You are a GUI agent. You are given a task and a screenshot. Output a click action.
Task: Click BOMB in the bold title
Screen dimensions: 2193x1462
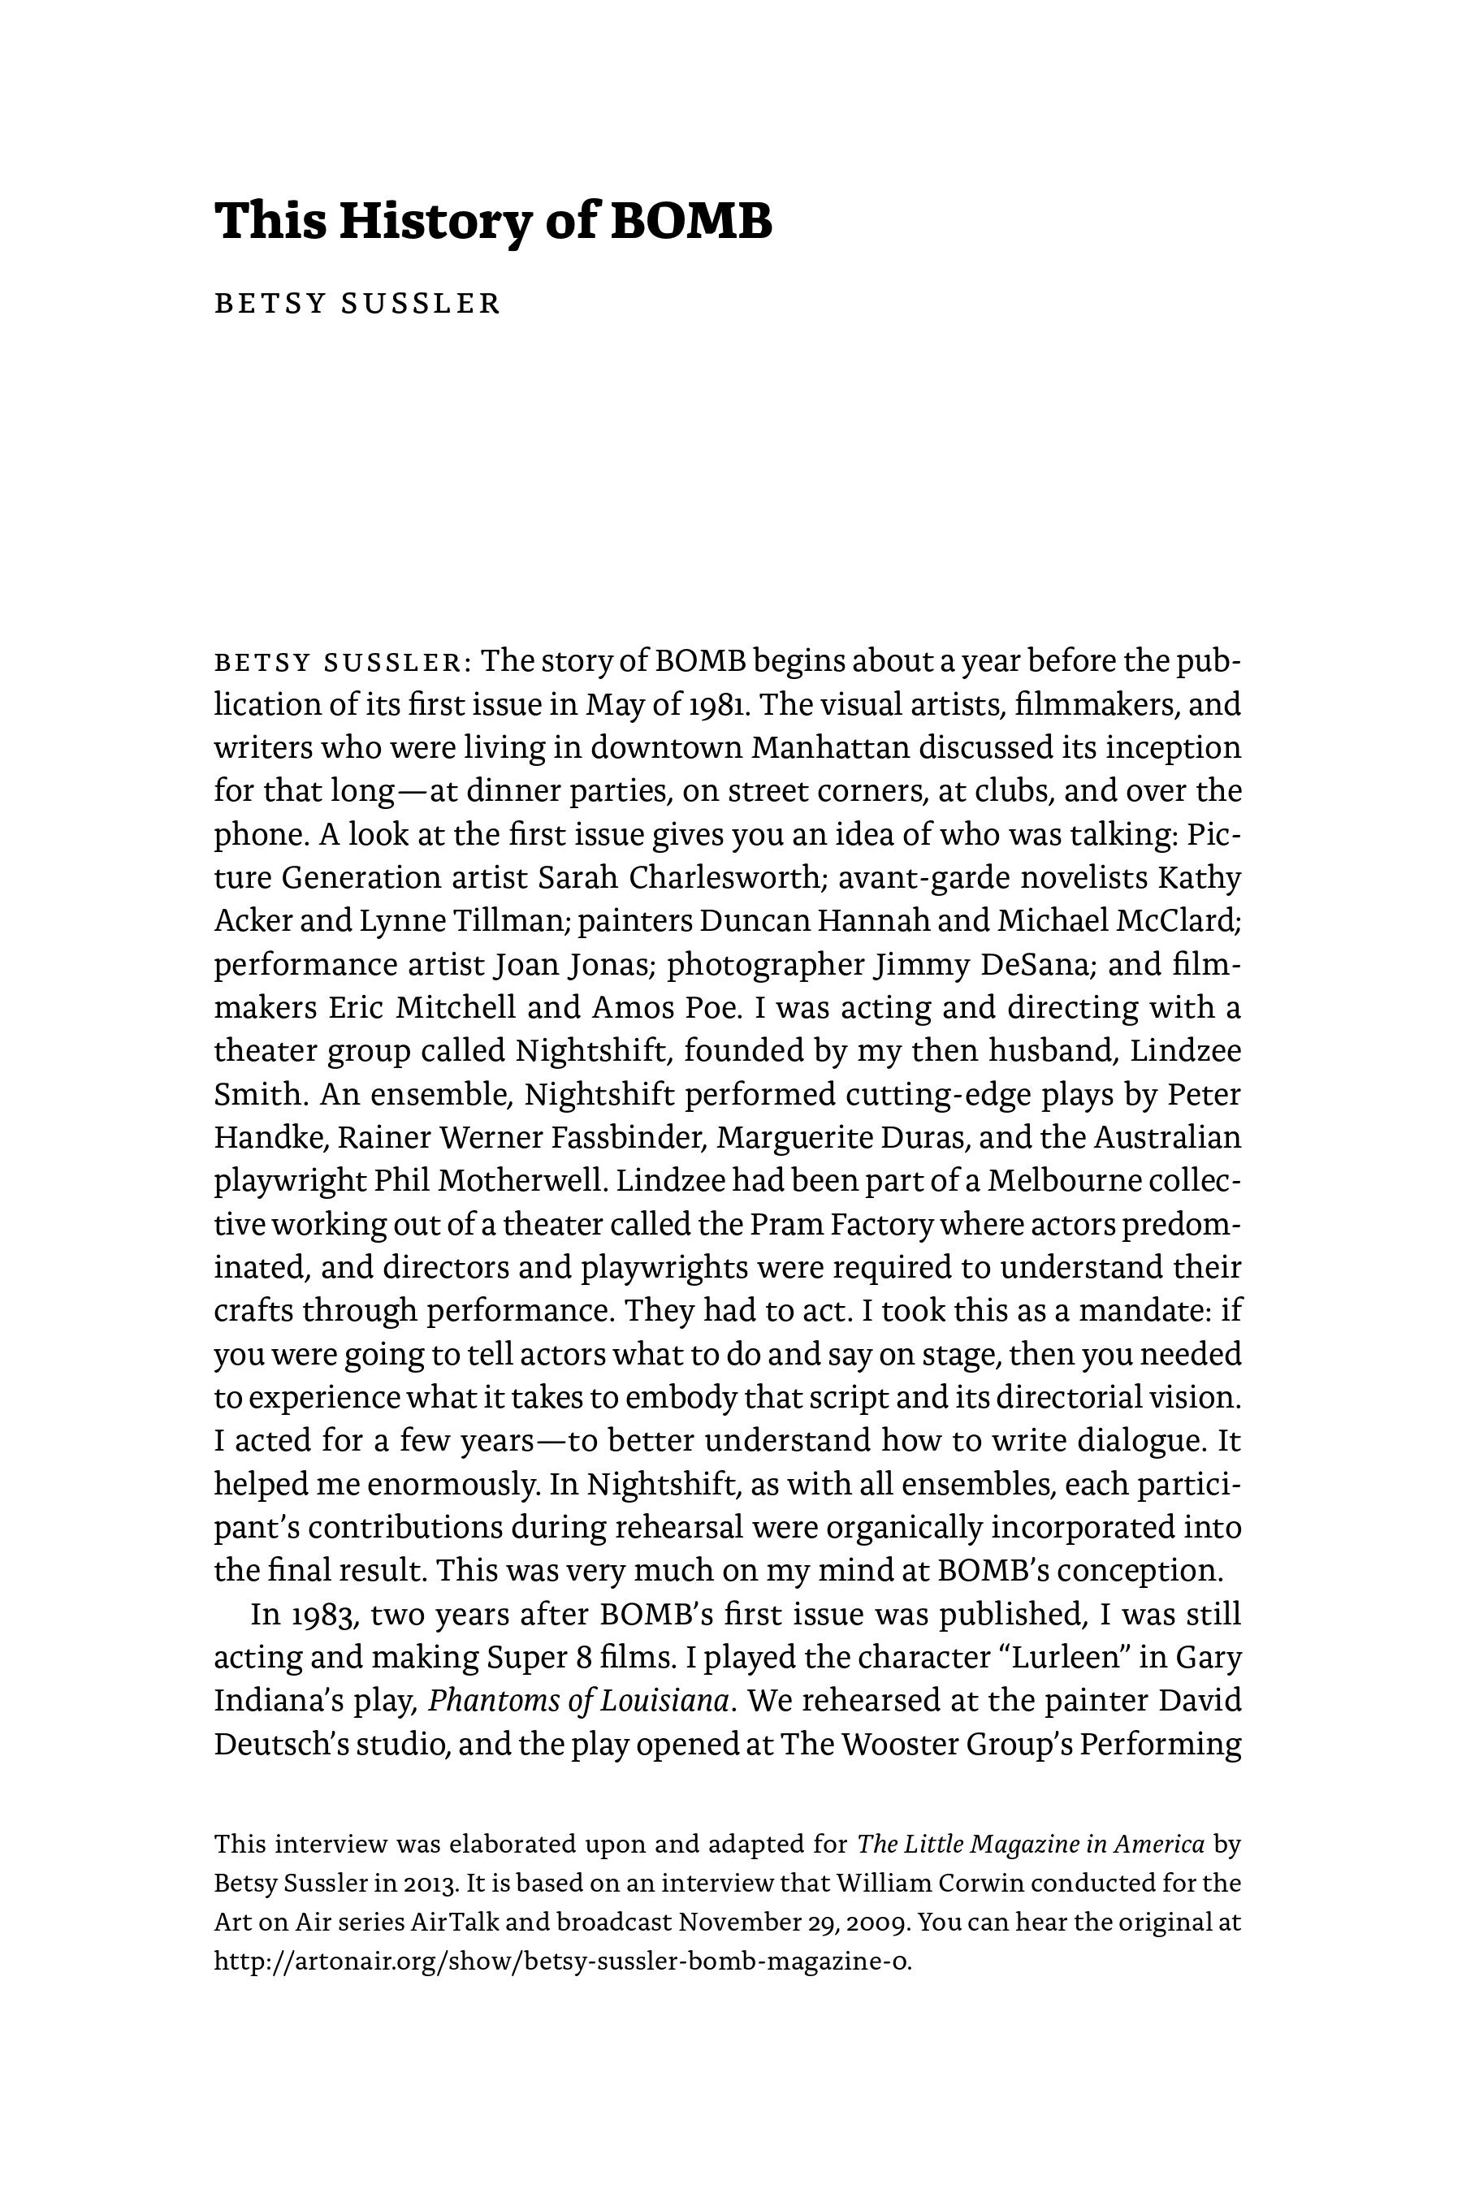[x=691, y=222]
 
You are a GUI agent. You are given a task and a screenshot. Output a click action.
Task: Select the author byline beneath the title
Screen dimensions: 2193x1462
[x=358, y=304]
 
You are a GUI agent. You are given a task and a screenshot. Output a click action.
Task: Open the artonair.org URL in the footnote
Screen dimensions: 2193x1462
[x=562, y=1962]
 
